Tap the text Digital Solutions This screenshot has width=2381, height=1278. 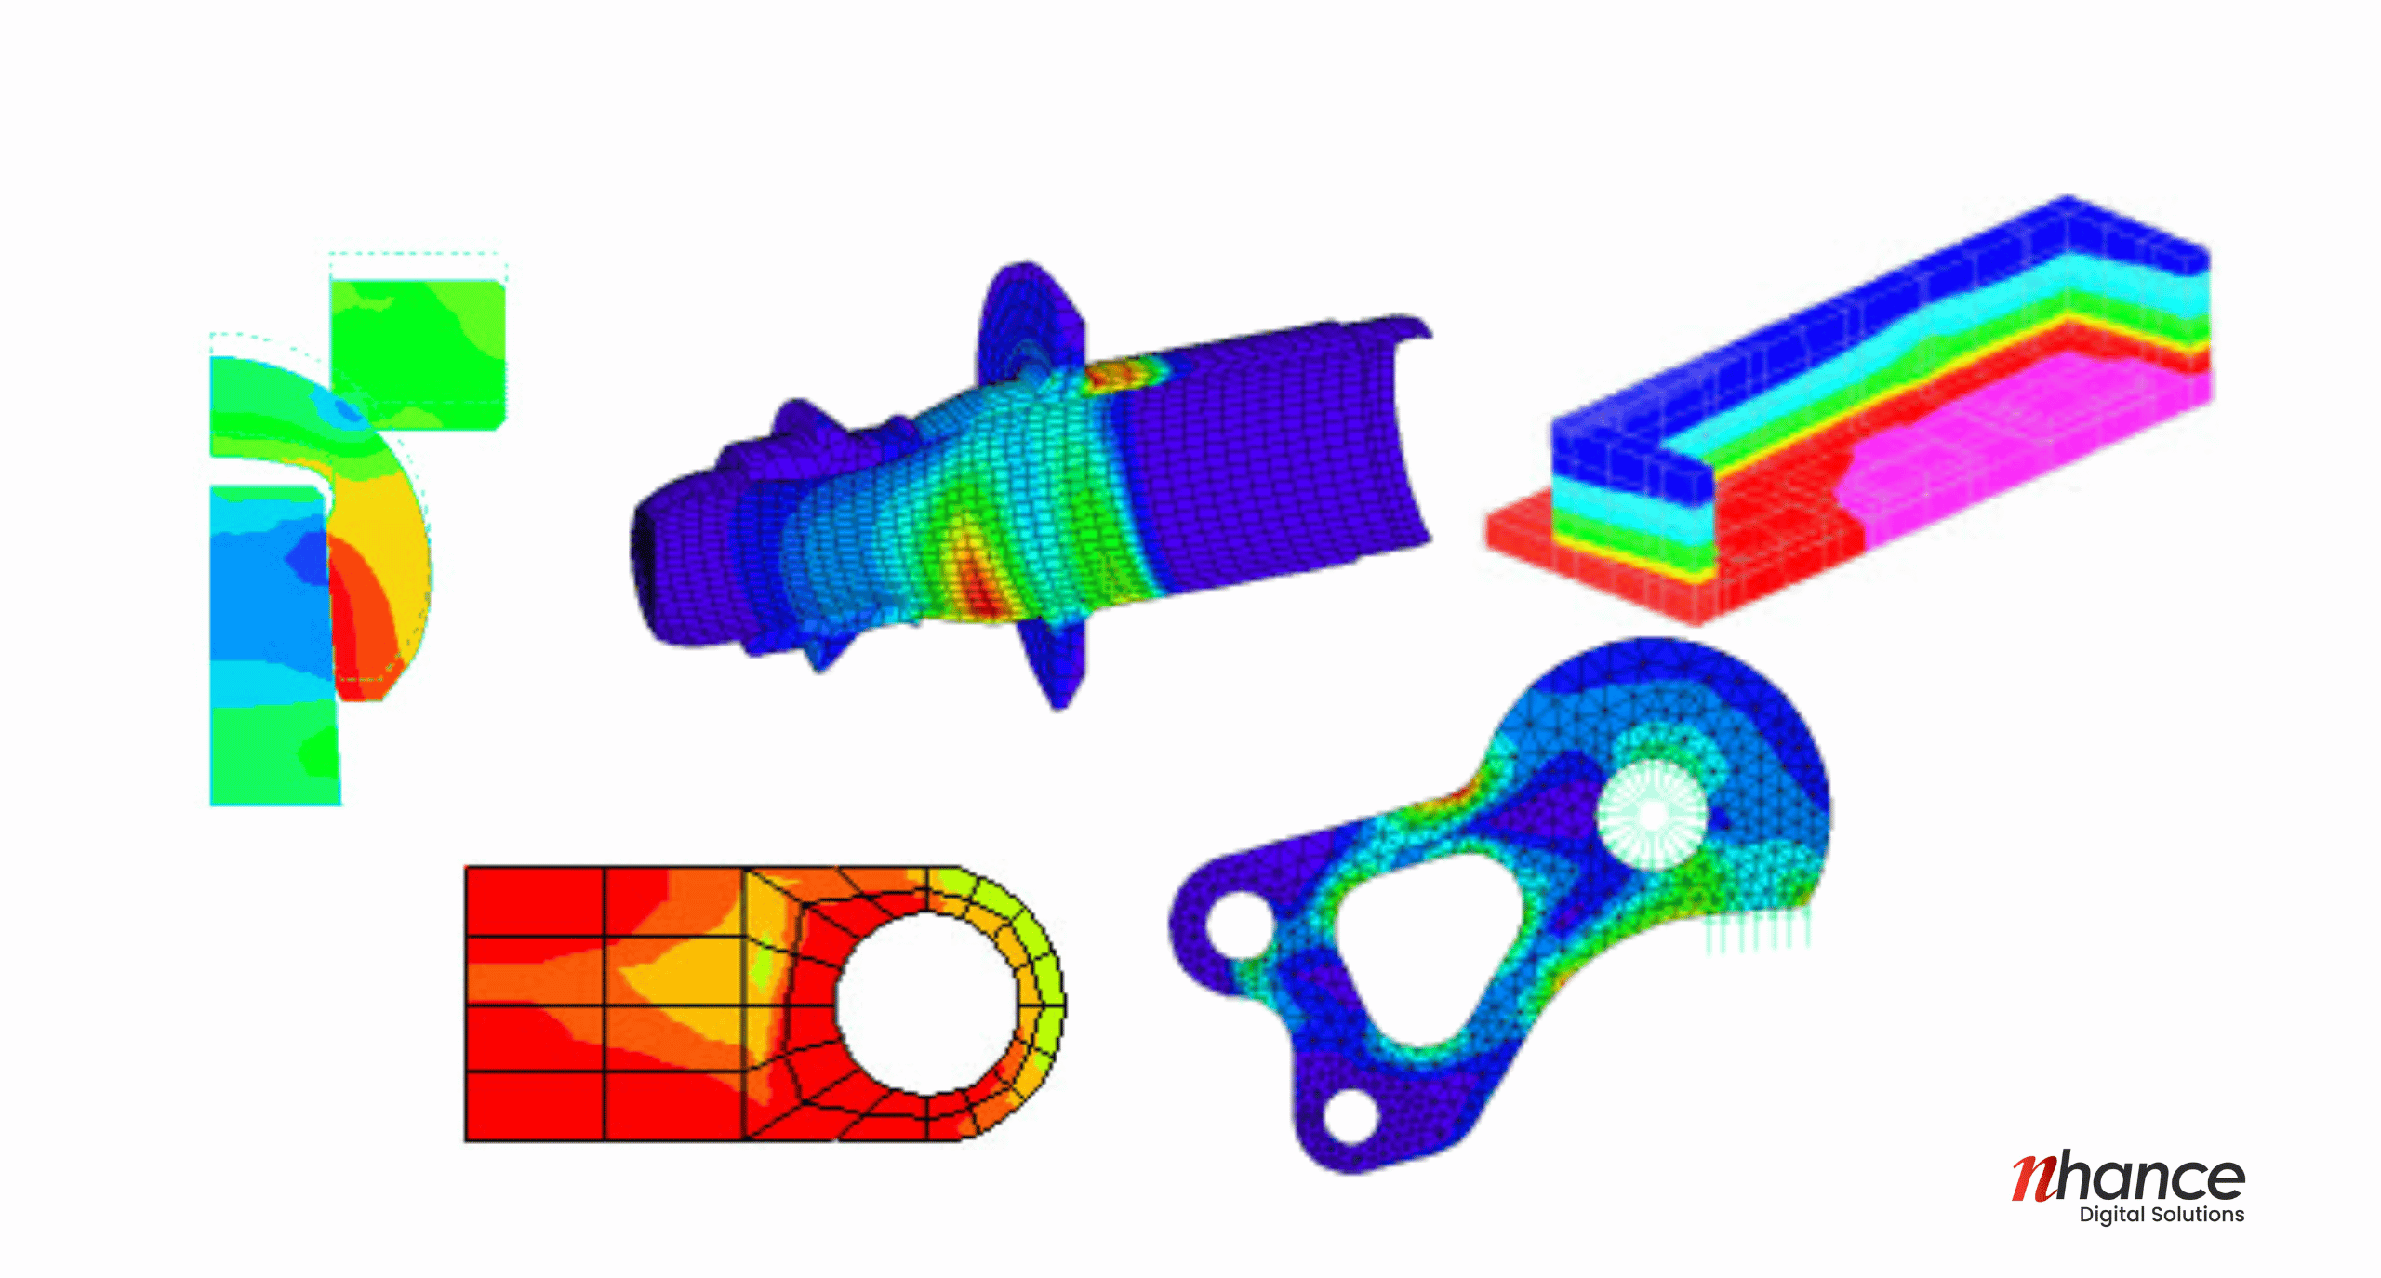tap(2162, 1215)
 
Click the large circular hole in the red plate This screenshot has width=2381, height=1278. tap(926, 1003)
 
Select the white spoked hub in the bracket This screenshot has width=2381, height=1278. tap(1653, 814)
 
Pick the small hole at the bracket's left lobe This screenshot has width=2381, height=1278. tap(1238, 925)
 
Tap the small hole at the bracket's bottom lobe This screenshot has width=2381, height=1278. tap(1350, 1115)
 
